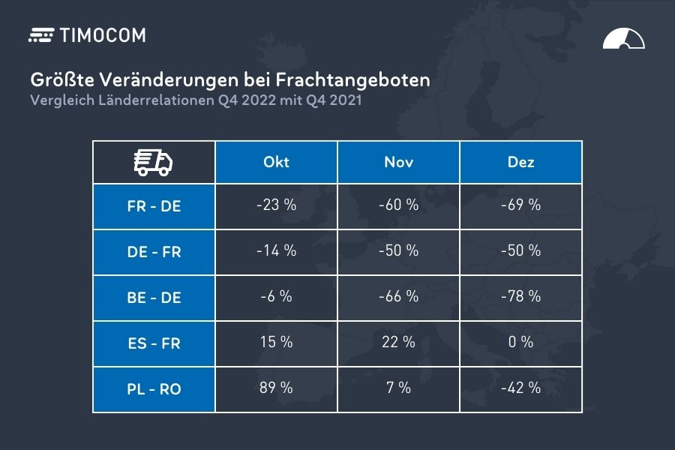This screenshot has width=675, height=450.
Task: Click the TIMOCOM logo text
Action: pyautogui.click(x=102, y=35)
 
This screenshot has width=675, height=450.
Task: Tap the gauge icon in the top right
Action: pyautogui.click(x=623, y=39)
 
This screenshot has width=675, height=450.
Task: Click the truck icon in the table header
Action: pyautogui.click(x=153, y=162)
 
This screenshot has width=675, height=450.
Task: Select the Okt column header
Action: pyautogui.click(x=276, y=162)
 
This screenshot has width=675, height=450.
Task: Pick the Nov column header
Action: pyautogui.click(x=398, y=162)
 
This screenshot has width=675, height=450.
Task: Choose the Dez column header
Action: pyautogui.click(x=520, y=162)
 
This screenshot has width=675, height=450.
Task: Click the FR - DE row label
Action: pyautogui.click(x=154, y=206)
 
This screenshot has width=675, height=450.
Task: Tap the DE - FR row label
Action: pyautogui.click(x=154, y=252)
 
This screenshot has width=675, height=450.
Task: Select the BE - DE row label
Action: pyautogui.click(x=154, y=298)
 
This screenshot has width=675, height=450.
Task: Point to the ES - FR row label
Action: pyautogui.click(x=154, y=343)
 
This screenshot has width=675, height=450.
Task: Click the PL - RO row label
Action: pyautogui.click(x=154, y=389)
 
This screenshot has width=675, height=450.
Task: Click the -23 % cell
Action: pyautogui.click(x=276, y=205)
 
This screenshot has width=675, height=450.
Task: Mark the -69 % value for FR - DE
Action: pyautogui.click(x=520, y=205)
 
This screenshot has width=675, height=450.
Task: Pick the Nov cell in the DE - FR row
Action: pyautogui.click(x=398, y=250)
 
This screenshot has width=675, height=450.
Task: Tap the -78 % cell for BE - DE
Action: pyautogui.click(x=520, y=296)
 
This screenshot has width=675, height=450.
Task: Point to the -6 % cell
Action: pyautogui.click(x=276, y=296)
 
